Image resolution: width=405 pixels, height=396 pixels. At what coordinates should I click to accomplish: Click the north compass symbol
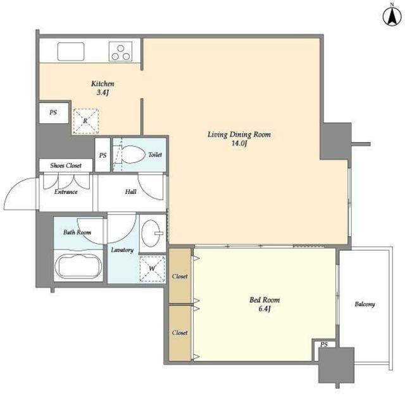(392, 16)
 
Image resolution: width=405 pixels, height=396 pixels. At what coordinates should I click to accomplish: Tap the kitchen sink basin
(71, 52)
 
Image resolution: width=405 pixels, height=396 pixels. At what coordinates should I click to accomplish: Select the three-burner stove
(121, 52)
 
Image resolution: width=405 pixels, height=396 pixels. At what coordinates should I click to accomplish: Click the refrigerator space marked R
(86, 121)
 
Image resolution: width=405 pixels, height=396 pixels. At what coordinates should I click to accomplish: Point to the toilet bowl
(133, 155)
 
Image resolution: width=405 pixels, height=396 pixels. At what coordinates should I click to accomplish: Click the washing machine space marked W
(152, 268)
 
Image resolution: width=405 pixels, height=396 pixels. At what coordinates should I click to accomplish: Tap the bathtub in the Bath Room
(78, 266)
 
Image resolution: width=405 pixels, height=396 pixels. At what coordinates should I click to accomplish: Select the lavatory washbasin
(151, 232)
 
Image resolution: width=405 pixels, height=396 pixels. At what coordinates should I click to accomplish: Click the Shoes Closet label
(66, 165)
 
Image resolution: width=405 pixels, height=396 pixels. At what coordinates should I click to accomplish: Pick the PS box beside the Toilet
(103, 155)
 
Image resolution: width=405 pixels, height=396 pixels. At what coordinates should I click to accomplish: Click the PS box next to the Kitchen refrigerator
(54, 113)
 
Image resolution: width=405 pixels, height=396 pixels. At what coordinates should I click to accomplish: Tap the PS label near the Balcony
(324, 345)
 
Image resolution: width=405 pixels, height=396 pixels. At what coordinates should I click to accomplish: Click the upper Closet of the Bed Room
(180, 276)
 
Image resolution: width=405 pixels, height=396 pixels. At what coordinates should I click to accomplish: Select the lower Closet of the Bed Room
(180, 333)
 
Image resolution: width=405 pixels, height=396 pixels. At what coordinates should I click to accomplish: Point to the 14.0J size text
(239, 144)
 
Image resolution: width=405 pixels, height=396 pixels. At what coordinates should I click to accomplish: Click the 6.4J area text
(265, 309)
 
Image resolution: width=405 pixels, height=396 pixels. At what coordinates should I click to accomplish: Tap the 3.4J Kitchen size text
(103, 93)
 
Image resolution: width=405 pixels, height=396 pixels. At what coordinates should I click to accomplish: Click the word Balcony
(364, 304)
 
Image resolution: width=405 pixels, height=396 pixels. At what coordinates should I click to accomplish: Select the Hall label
(131, 191)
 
